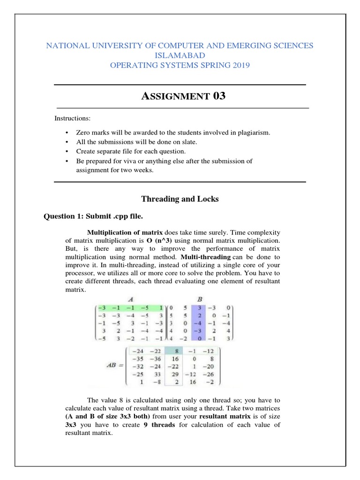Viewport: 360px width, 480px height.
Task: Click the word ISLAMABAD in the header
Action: click(x=180, y=55)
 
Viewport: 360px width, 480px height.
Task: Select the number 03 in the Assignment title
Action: click(x=219, y=96)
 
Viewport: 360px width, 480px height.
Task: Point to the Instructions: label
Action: click(x=73, y=118)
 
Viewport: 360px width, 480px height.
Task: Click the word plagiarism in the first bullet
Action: click(x=254, y=133)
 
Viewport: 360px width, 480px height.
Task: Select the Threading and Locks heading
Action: click(x=180, y=199)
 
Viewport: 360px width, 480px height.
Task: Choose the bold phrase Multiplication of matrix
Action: click(x=125, y=232)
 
